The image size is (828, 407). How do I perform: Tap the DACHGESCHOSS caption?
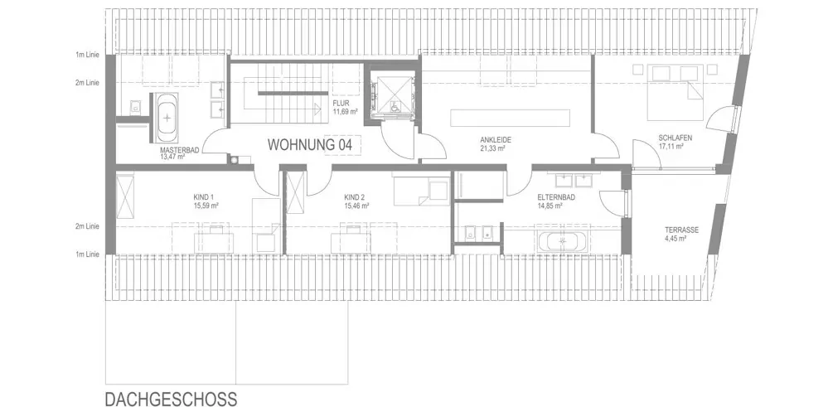(x=171, y=399)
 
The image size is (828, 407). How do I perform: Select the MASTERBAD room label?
(x=180, y=150)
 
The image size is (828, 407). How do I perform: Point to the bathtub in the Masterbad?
(x=167, y=118)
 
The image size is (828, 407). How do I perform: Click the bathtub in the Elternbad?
(x=563, y=242)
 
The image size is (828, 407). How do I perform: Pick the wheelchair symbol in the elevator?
(x=394, y=106)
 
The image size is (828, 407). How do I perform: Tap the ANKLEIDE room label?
(x=496, y=140)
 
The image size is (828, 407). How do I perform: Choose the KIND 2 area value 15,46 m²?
(x=356, y=206)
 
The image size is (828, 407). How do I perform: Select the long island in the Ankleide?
(x=510, y=117)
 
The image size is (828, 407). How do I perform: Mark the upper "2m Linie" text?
(x=87, y=82)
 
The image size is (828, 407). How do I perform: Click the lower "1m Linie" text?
(x=87, y=254)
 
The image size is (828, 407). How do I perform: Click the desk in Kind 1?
(x=214, y=242)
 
